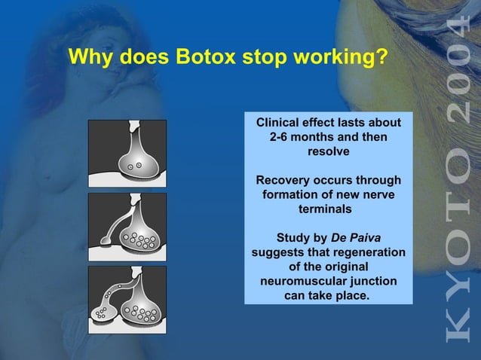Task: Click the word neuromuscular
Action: click(x=308, y=281)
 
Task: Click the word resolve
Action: click(x=329, y=152)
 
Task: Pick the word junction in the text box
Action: click(x=372, y=281)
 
